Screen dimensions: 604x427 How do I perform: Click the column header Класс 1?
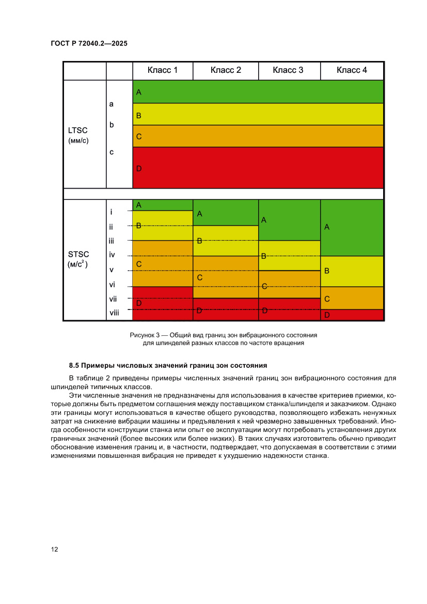click(x=163, y=70)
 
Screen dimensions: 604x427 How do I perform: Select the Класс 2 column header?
click(x=226, y=70)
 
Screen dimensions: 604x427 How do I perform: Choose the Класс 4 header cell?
click(x=352, y=70)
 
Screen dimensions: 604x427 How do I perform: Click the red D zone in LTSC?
click(x=258, y=168)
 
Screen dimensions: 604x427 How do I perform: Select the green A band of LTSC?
click(x=258, y=92)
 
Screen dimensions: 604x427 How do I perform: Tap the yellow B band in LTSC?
click(x=258, y=114)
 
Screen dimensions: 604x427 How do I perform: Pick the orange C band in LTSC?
click(x=258, y=136)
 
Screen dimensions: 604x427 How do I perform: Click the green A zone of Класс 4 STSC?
click(x=352, y=227)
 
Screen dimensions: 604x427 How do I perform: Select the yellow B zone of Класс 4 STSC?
click(x=352, y=271)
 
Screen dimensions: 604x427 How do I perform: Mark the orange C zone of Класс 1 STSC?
click(x=163, y=264)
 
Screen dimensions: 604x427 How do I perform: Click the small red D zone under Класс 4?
click(x=352, y=315)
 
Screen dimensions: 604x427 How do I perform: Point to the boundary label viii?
click(x=114, y=313)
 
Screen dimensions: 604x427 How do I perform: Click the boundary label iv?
click(x=112, y=255)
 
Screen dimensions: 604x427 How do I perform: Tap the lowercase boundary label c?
click(x=112, y=152)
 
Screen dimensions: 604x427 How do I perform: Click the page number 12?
click(x=54, y=549)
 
